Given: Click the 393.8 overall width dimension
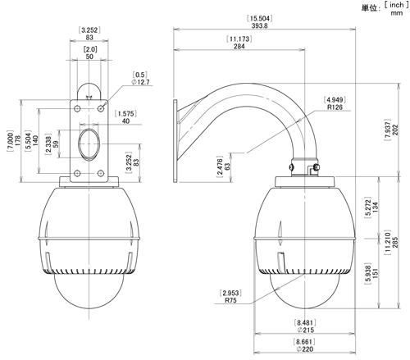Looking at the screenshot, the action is tap(259, 25).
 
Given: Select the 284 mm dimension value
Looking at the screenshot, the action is tap(239, 47).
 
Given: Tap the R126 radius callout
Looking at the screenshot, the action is tap(335, 107).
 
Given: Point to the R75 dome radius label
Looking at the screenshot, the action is tap(230, 300).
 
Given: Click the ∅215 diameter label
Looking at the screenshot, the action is tap(305, 330).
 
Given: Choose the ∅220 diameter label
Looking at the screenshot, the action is tap(304, 349).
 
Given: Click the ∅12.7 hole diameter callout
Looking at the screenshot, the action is tap(140, 82).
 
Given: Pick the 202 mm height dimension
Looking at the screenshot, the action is tap(395, 130).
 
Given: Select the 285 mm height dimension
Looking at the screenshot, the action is tap(395, 243).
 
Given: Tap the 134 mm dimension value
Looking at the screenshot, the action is tap(376, 207).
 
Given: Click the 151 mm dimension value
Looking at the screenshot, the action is tap(376, 273).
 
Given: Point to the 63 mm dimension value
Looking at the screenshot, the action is tap(227, 166).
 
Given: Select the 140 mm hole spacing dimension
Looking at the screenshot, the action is tap(35, 140).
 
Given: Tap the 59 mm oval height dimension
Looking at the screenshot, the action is tap(56, 144).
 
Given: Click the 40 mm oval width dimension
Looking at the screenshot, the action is tap(125, 121).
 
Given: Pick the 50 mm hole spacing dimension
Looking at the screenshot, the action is tap(89, 57).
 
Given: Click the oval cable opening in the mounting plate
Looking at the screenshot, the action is tap(89, 143).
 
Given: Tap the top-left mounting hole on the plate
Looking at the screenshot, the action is tap(77, 109).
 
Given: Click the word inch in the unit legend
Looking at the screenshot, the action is tap(397, 5).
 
